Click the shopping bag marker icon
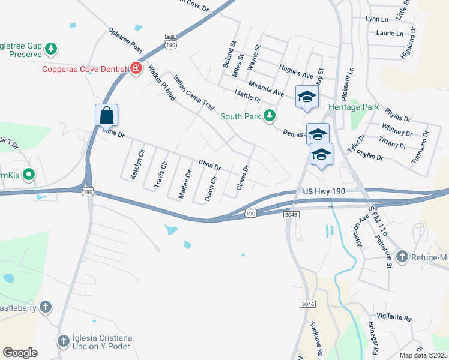(x=106, y=115)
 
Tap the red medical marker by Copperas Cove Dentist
(x=136, y=69)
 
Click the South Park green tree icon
(x=271, y=116)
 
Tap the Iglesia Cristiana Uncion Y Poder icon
(x=63, y=342)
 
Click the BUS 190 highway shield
(x=171, y=40)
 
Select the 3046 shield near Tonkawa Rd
(x=307, y=305)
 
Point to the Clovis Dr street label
(x=242, y=178)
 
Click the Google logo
(x=20, y=353)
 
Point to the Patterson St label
(x=383, y=251)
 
